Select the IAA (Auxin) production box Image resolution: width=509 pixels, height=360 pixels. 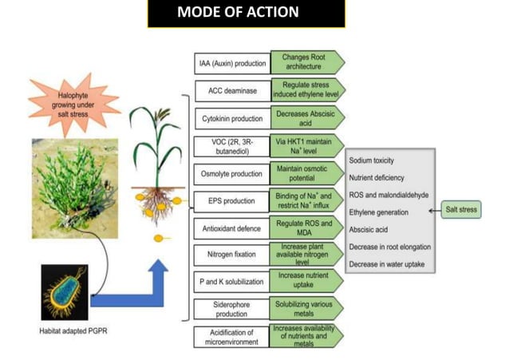(x=231, y=63)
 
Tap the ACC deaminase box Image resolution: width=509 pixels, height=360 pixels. (x=231, y=91)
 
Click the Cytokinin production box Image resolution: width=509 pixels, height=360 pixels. (x=231, y=118)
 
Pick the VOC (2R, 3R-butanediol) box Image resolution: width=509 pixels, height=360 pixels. (x=231, y=146)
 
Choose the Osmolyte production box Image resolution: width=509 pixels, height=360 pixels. (x=231, y=174)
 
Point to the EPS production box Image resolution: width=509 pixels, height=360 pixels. (x=231, y=201)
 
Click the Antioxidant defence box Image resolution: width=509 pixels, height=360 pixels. (x=231, y=229)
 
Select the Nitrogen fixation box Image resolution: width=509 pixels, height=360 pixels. (x=231, y=255)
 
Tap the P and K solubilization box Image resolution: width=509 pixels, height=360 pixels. (x=231, y=282)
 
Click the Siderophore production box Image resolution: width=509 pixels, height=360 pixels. (x=231, y=309)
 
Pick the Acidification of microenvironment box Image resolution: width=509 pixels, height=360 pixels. (x=231, y=336)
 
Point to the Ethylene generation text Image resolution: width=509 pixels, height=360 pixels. (x=379, y=212)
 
